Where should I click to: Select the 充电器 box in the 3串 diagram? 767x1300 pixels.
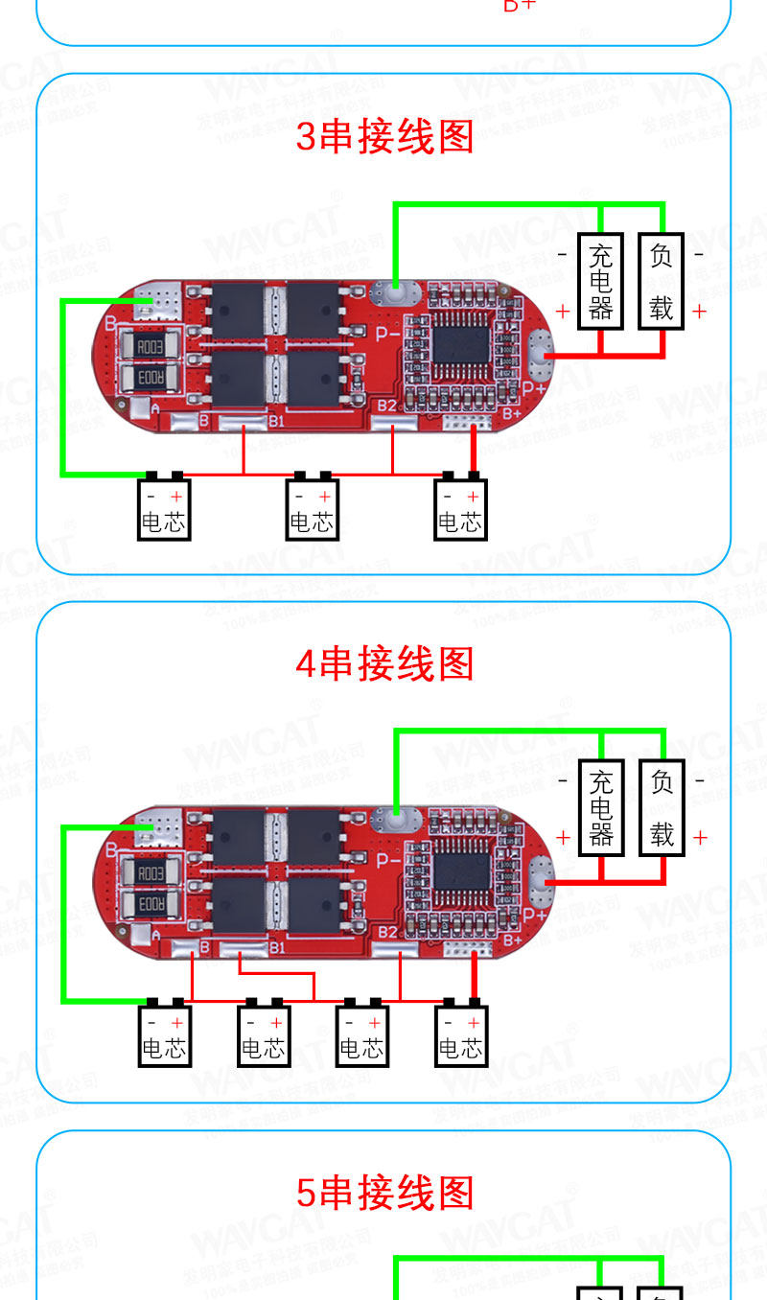(x=601, y=282)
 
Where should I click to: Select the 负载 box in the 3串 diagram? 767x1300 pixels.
(x=662, y=282)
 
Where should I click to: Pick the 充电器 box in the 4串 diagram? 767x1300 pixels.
(x=601, y=807)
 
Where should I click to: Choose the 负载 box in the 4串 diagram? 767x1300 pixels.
(x=662, y=807)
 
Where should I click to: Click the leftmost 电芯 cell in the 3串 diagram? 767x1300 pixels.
(x=164, y=509)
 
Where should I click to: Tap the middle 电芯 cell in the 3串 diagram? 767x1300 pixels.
(x=312, y=509)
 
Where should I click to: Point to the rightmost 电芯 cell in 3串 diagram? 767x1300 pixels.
(x=460, y=509)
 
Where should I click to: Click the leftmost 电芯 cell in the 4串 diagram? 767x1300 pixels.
(x=164, y=1035)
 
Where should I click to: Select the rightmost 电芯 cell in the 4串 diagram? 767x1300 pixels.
(x=461, y=1035)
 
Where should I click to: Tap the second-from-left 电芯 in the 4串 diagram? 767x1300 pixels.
(x=263, y=1035)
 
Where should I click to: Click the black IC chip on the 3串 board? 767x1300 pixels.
(x=462, y=344)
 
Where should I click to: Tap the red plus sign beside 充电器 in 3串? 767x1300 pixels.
(x=563, y=311)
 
